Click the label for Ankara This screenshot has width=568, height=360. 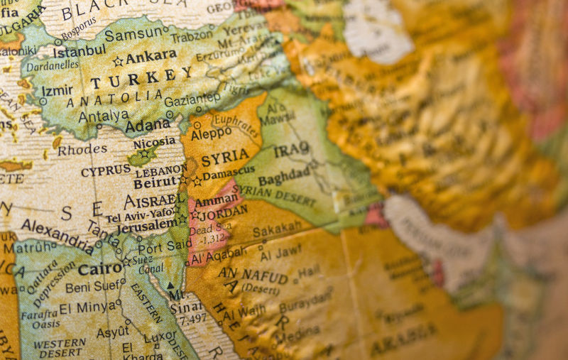click(x=151, y=56)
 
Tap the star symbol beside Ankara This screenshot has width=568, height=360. click(x=118, y=61)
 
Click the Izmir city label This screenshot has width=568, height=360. click(x=57, y=92)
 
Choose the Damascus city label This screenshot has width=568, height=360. click(x=229, y=173)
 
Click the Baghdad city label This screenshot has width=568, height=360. click(x=284, y=175)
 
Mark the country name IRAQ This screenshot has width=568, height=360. click(x=292, y=150)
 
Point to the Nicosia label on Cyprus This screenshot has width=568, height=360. click(x=153, y=143)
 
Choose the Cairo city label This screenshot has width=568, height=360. click(x=100, y=269)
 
